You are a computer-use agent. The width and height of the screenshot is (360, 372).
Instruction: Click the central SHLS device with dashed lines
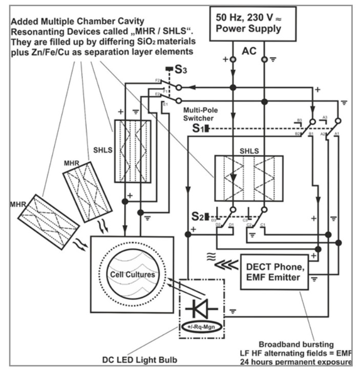pos(248,178)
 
